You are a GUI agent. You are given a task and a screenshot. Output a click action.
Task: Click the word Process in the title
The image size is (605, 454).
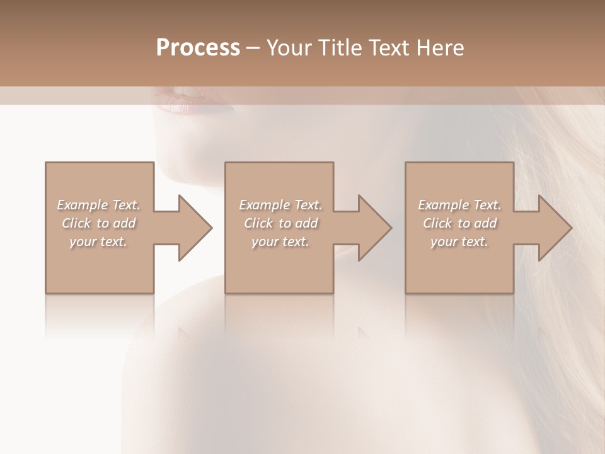click(x=198, y=48)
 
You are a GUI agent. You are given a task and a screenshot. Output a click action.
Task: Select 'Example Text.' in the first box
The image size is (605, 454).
click(x=98, y=205)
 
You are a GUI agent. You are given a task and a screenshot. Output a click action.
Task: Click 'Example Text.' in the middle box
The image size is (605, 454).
click(x=280, y=205)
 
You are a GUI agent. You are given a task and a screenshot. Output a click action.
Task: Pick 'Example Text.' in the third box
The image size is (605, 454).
click(x=459, y=205)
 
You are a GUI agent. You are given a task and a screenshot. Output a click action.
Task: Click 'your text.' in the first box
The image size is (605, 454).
click(x=98, y=242)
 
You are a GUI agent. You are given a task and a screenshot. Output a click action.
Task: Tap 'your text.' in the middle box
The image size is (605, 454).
click(x=280, y=242)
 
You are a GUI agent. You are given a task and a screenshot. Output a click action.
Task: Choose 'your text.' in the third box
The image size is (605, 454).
click(x=459, y=242)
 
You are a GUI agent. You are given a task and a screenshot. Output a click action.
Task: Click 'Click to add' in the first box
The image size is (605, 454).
click(x=98, y=223)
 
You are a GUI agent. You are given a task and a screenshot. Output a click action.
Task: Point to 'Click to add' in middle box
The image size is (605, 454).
click(x=280, y=223)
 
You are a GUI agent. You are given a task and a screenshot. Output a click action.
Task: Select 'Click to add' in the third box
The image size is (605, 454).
click(x=459, y=223)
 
